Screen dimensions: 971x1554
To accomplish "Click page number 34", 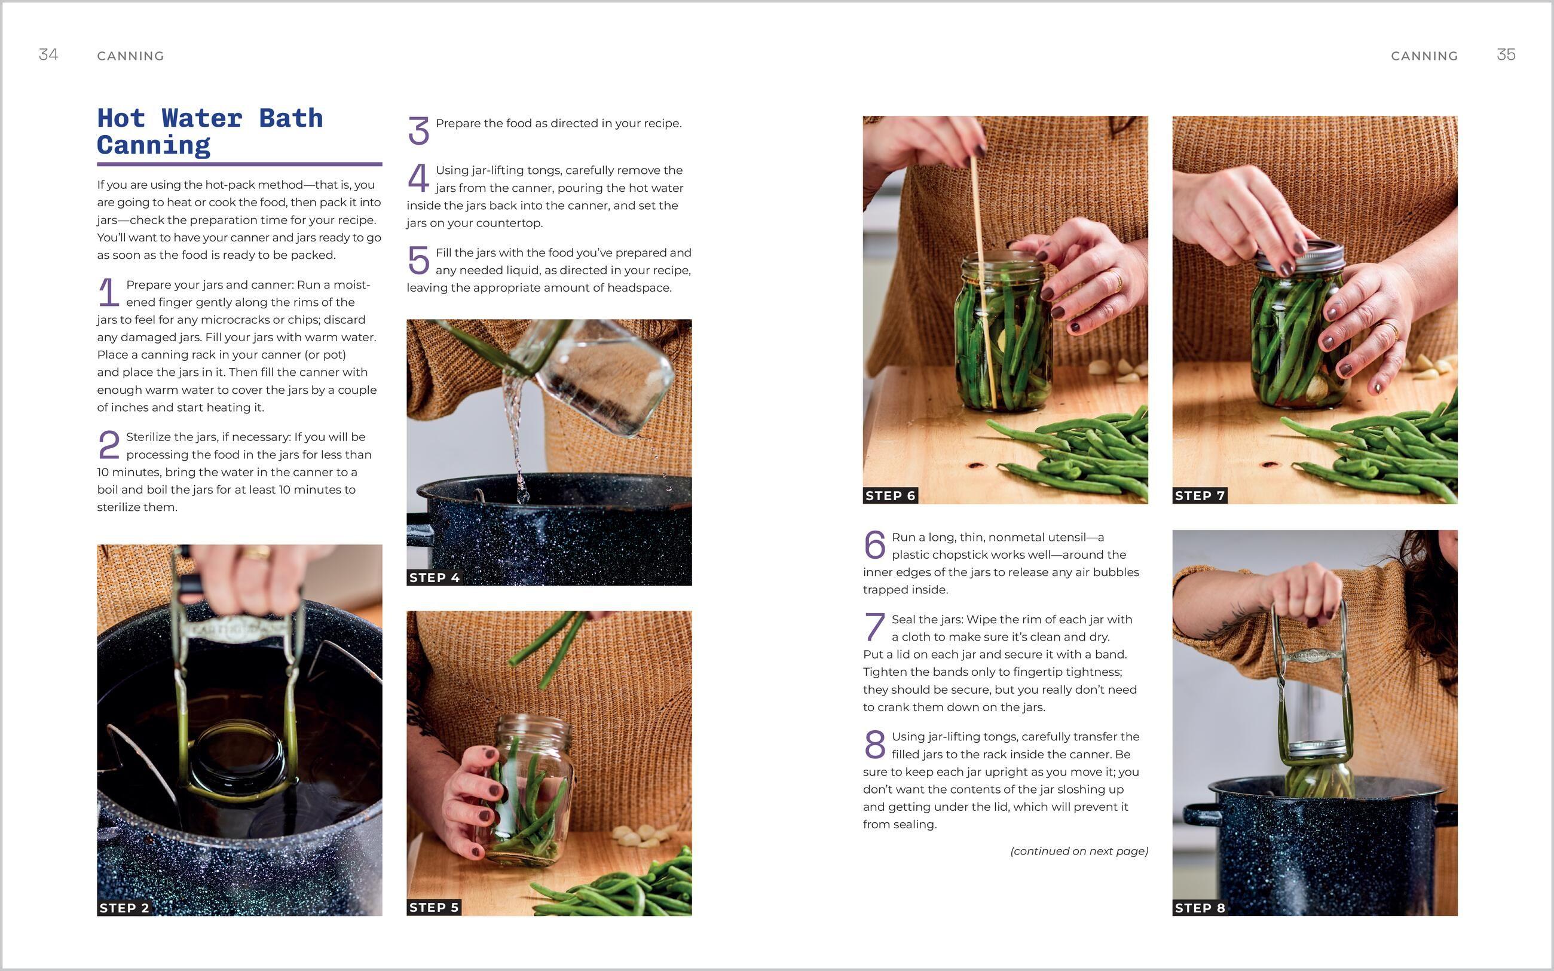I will tap(48, 54).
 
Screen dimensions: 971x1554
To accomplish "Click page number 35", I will tap(1506, 54).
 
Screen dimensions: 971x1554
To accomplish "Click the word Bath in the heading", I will tap(290, 119).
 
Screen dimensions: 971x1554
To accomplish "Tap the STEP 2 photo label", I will tap(124, 908).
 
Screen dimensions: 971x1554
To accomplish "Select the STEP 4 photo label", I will tap(434, 577).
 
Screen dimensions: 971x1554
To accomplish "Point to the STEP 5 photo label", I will tap(434, 908).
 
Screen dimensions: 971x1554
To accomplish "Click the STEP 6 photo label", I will tap(890, 496).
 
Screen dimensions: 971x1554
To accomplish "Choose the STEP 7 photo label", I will tap(1200, 496).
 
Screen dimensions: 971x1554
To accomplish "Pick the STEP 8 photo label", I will tap(1200, 908).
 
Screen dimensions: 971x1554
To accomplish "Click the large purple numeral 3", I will tap(418, 130).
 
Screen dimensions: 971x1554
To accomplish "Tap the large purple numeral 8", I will tap(874, 745).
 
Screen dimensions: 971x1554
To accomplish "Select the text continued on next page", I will tap(1079, 851).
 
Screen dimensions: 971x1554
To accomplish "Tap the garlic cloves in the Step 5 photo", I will tap(636, 833).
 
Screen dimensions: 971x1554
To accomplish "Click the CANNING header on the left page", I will tap(130, 56).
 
